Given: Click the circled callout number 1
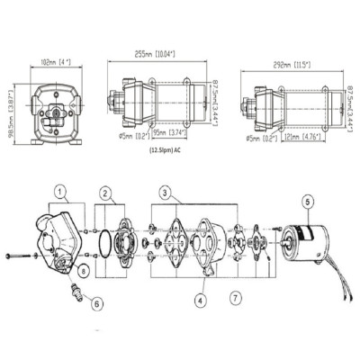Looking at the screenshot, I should click(x=59, y=192).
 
